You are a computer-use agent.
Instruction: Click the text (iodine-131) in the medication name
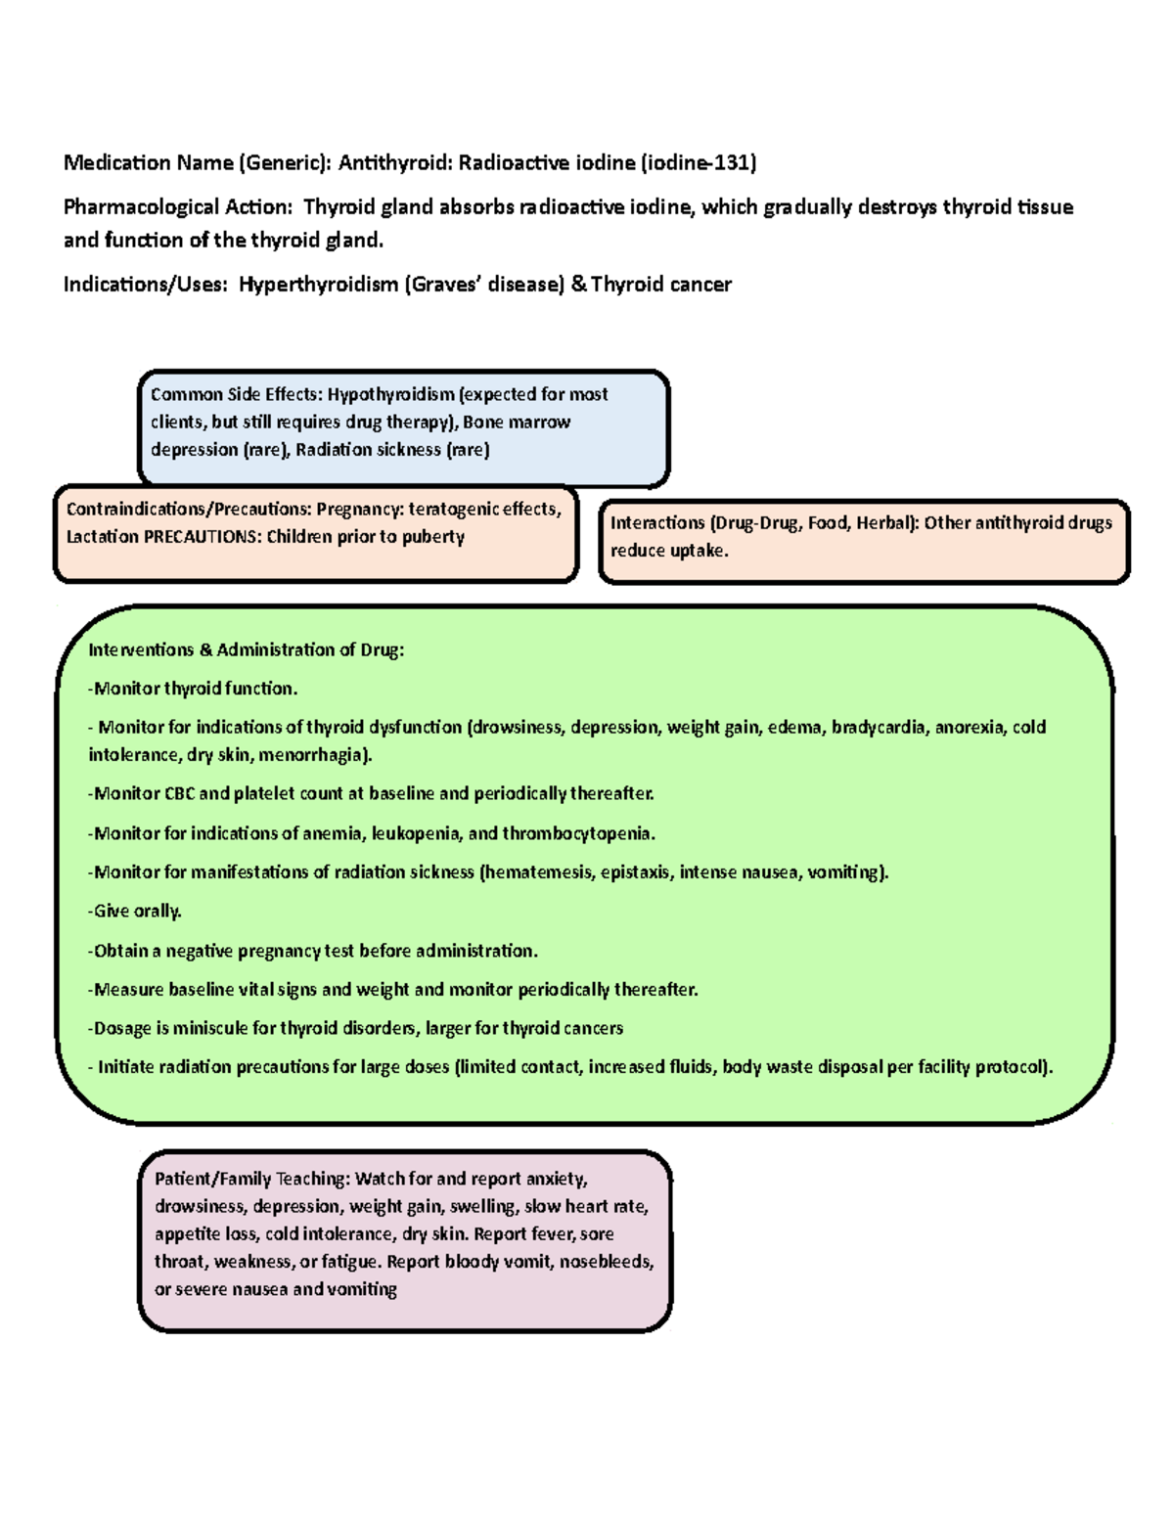[699, 163]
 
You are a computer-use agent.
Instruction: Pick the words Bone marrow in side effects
[517, 423]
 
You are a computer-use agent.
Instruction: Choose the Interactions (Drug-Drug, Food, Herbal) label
[764, 523]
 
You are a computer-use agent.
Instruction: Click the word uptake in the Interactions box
[700, 552]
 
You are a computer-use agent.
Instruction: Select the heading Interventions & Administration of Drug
[247, 650]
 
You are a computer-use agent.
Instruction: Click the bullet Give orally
[135, 912]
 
